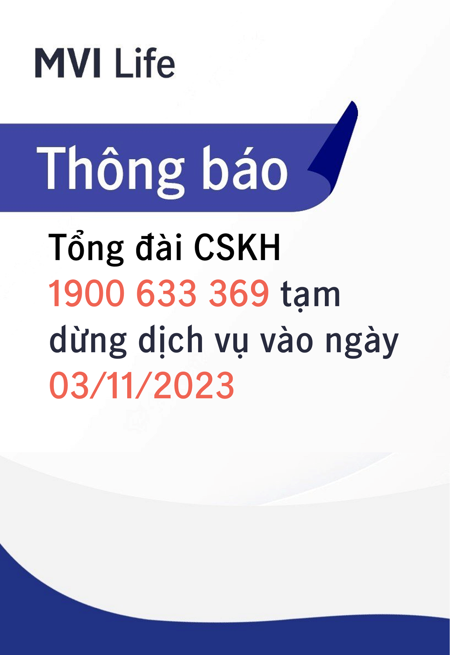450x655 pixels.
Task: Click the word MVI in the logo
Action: pyautogui.click(x=68, y=63)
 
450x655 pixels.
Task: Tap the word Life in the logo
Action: pyautogui.click(x=145, y=62)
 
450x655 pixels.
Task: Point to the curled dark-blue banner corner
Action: pyautogui.click(x=334, y=148)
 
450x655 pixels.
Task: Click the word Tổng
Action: pyautogui.click(x=86, y=248)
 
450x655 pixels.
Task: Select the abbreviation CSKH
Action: pyautogui.click(x=237, y=247)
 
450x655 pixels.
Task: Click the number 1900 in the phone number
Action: pyautogui.click(x=86, y=293)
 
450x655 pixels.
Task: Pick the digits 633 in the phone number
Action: pyautogui.click(x=166, y=293)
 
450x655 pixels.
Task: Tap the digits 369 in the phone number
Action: pyautogui.click(x=239, y=293)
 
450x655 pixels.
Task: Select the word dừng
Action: pyautogui.click(x=88, y=340)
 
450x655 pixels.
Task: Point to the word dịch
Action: pyautogui.click(x=171, y=340)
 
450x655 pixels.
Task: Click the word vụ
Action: pyautogui.click(x=232, y=343)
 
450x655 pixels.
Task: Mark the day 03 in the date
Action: pyautogui.click(x=69, y=385)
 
